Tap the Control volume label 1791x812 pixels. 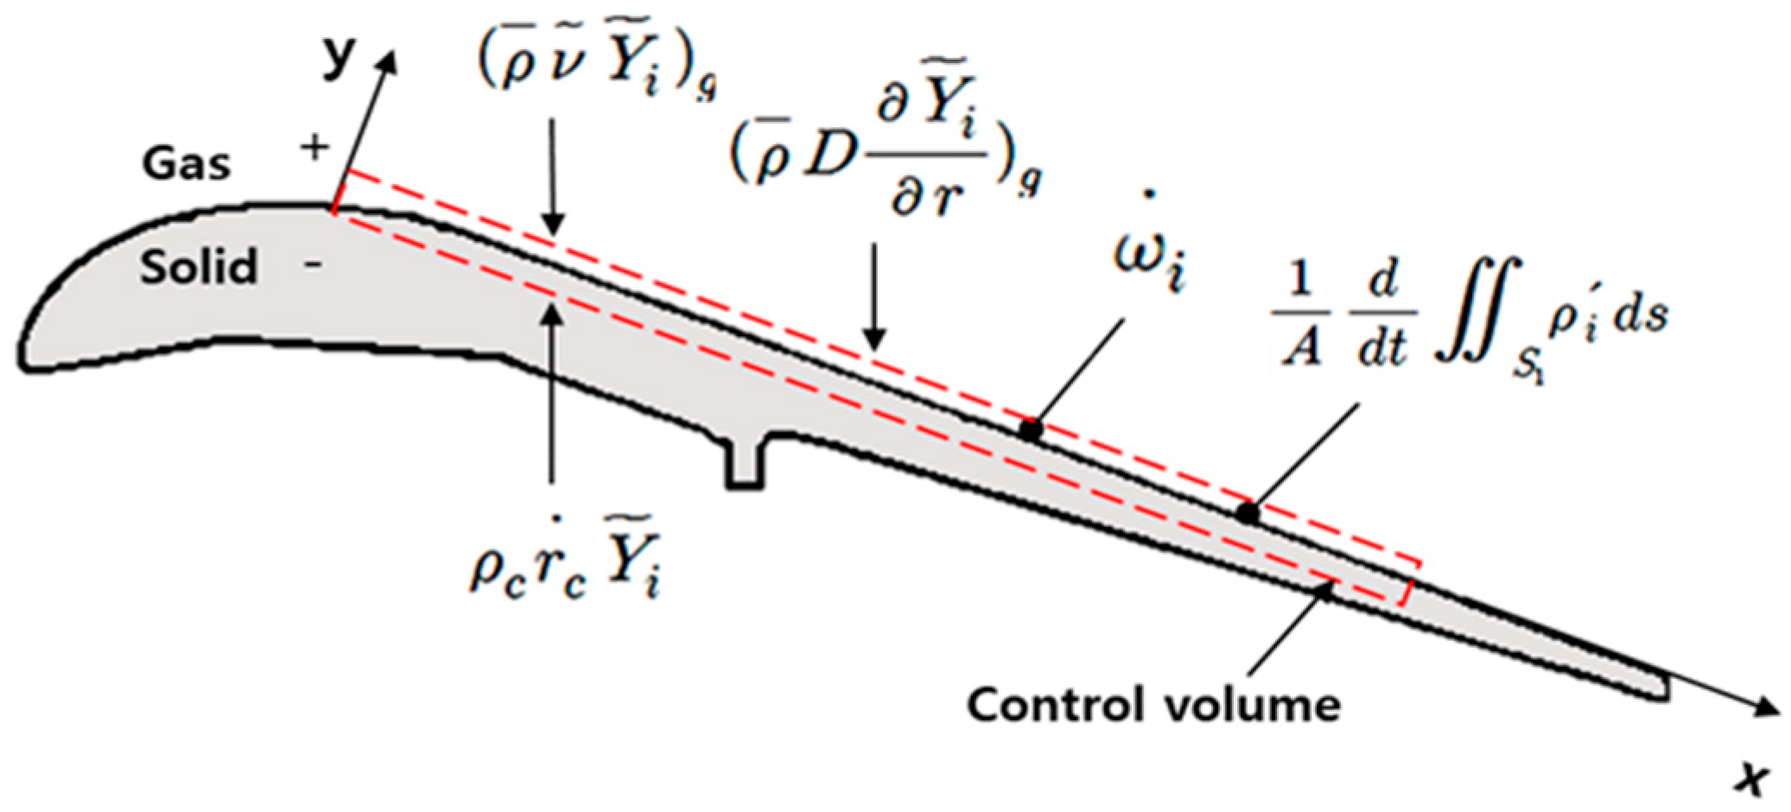point(1153,704)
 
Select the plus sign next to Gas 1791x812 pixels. point(314,148)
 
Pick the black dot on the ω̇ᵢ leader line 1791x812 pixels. point(1029,428)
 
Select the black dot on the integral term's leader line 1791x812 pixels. point(1247,512)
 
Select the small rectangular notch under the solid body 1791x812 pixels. point(745,465)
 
